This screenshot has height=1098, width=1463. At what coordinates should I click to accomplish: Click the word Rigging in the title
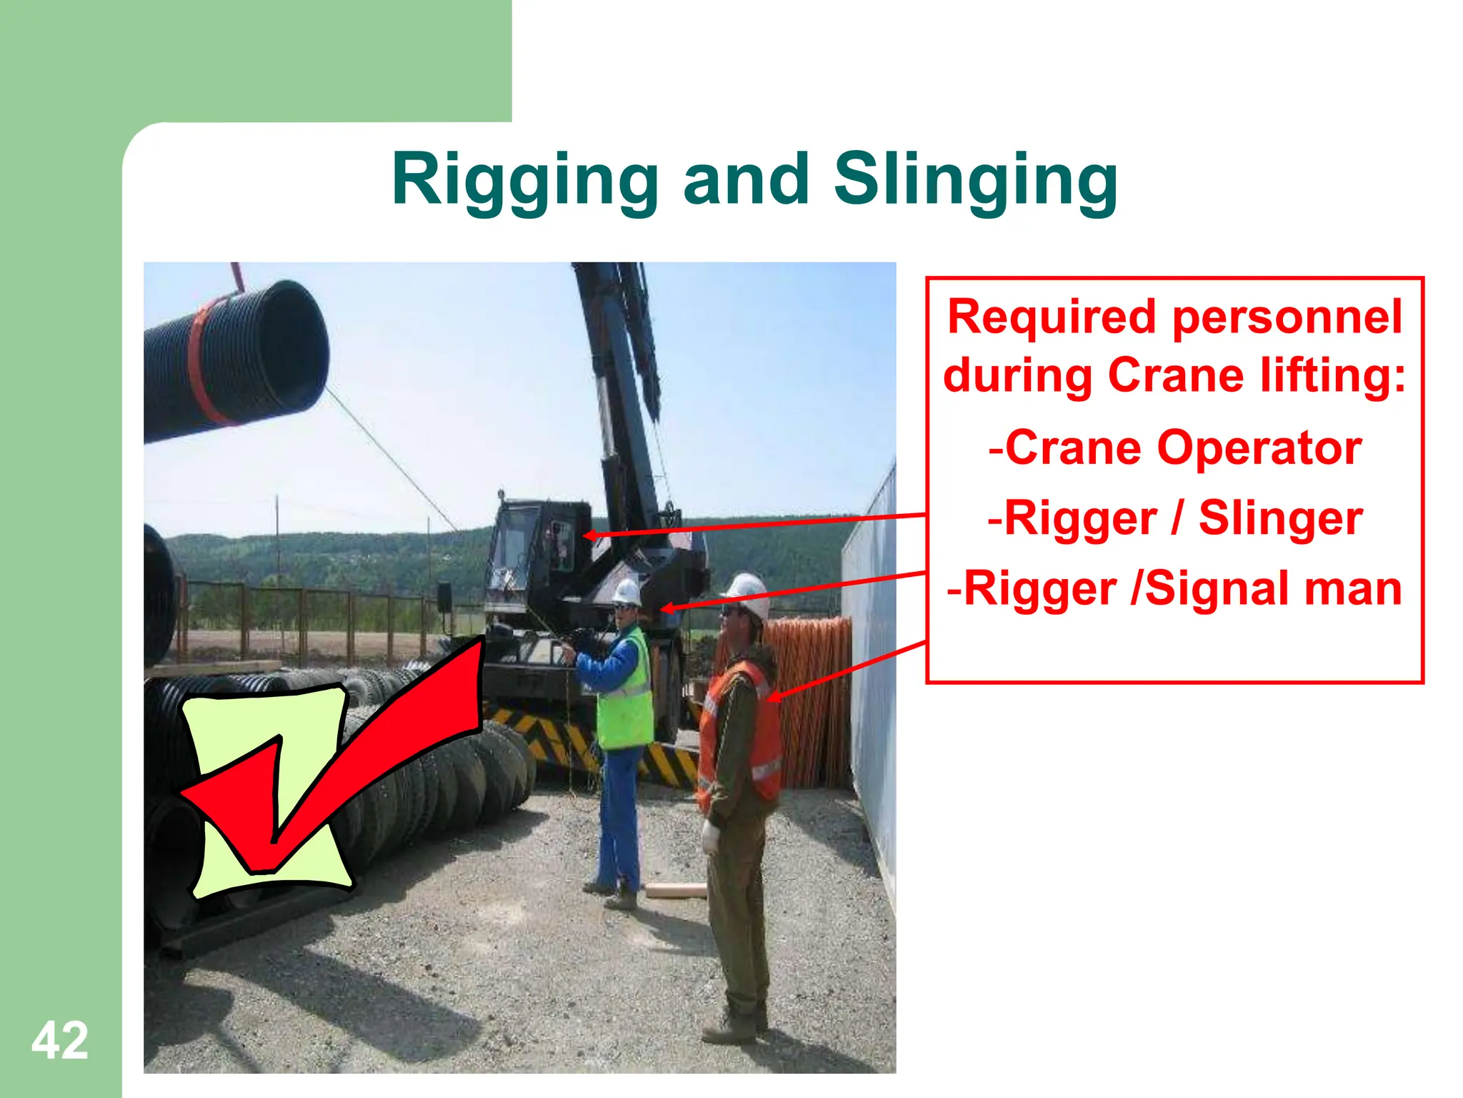(524, 180)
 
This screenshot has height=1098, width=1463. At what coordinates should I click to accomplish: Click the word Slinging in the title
(975, 180)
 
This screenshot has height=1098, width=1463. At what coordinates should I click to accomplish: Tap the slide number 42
(60, 1041)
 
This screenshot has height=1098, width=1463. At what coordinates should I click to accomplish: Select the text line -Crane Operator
(1175, 448)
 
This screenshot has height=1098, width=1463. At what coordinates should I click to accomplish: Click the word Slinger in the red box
(1280, 518)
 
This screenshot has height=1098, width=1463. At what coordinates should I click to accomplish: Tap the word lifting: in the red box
(1332, 375)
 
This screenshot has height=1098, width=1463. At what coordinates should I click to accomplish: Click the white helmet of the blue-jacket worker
(626, 592)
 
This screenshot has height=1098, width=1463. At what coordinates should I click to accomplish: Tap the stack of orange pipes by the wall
(814, 701)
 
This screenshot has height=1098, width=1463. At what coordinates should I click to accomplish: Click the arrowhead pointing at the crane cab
(590, 535)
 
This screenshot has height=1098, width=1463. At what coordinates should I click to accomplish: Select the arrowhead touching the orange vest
(776, 695)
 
